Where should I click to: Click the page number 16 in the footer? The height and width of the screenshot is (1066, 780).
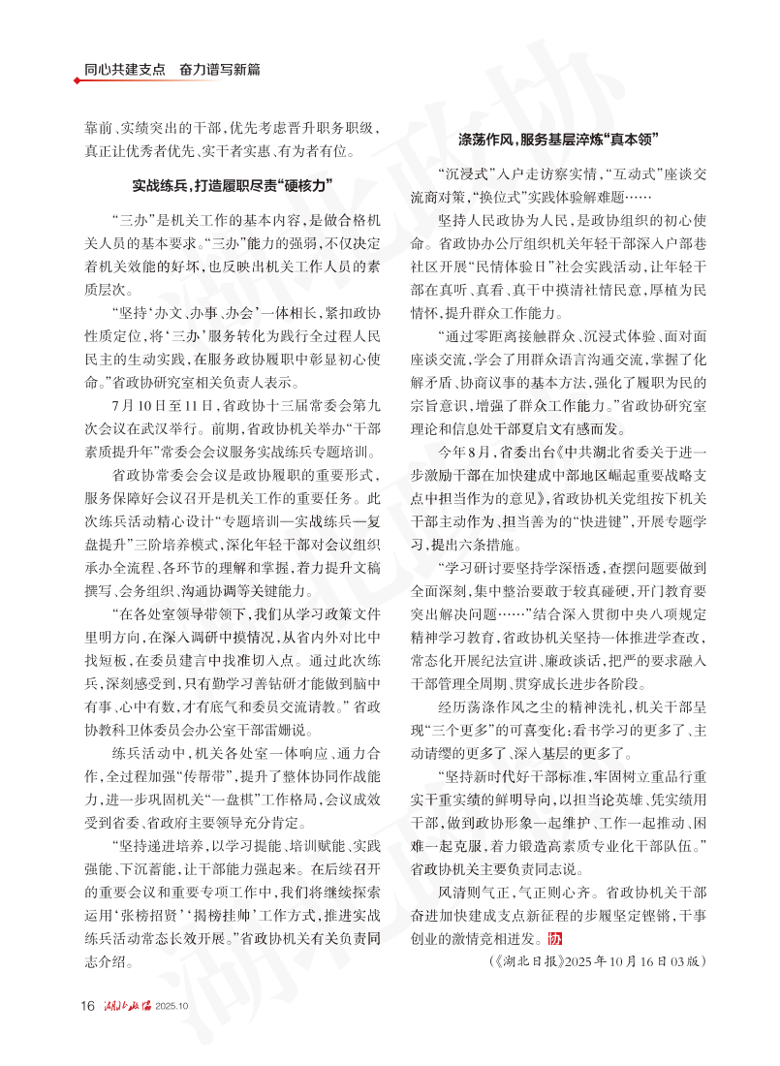coord(87,1005)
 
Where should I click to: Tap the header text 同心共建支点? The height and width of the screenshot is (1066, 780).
coord(124,70)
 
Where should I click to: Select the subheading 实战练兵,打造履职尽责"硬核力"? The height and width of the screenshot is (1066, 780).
coord(232,185)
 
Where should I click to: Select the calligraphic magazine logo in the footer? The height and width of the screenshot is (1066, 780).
coord(127,1005)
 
